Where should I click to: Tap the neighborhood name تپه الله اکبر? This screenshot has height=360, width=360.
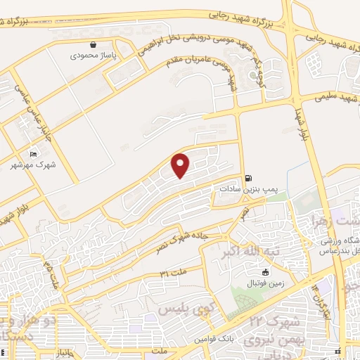247,252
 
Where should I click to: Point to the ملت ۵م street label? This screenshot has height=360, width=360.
53,275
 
